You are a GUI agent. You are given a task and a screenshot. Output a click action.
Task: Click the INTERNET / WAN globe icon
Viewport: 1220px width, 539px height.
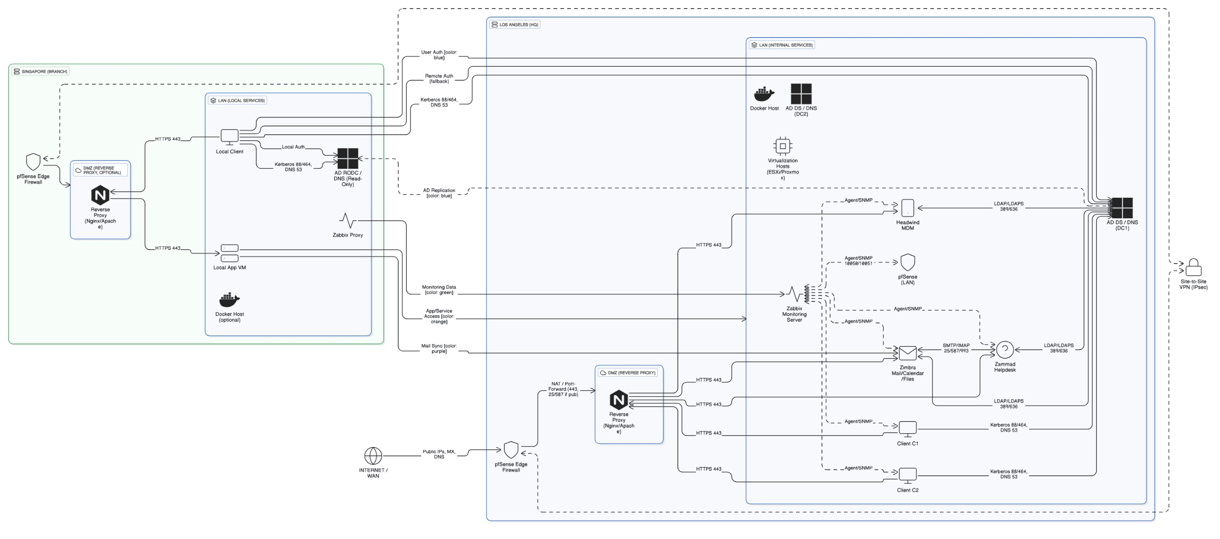[373, 456]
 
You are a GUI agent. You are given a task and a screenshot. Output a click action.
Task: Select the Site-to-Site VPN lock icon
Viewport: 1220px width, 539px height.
[1193, 267]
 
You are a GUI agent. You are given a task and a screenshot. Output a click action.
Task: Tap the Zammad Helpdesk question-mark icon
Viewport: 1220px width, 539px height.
[1005, 350]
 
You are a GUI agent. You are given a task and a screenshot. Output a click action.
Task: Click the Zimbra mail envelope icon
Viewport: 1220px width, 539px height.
[907, 353]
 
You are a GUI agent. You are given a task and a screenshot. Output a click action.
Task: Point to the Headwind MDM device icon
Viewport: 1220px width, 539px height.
[907, 208]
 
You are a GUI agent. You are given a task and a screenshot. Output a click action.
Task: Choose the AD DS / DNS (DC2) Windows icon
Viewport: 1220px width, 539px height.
[801, 94]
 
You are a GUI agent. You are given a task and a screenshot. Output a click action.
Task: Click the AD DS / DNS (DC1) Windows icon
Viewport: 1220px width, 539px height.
[1122, 208]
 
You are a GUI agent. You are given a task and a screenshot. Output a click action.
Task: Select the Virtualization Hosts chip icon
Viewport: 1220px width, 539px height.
[783, 146]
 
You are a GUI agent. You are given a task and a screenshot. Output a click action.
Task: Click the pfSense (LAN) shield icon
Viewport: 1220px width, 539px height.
[907, 263]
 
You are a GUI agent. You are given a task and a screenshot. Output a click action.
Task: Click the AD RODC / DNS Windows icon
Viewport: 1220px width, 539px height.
[347, 158]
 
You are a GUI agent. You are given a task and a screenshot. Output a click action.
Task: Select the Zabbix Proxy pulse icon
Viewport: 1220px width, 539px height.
[347, 221]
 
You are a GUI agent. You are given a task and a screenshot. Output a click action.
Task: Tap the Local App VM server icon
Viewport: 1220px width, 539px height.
[229, 253]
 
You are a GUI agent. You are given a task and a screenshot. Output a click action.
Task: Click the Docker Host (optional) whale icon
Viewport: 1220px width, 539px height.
[229, 300]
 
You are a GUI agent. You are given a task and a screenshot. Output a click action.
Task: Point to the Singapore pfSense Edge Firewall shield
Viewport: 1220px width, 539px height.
[33, 162]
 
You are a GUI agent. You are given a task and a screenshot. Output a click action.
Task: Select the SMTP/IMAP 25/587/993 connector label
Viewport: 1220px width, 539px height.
[956, 348]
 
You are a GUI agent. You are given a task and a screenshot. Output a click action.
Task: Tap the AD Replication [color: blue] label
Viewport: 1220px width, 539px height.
[439, 193]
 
